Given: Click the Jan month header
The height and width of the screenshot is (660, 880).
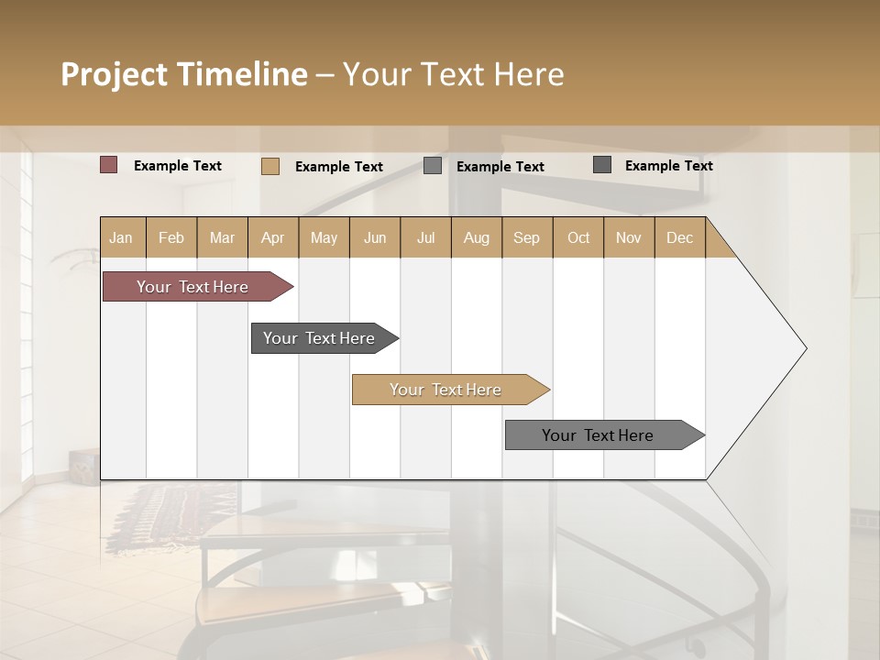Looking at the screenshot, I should tap(122, 237).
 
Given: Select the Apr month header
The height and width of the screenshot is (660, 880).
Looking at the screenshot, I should tap(273, 237).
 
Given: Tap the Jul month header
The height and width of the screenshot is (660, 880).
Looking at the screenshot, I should tap(425, 237).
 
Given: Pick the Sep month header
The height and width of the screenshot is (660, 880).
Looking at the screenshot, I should tap(526, 237).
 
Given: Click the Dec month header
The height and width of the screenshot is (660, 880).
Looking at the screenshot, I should tap(679, 237).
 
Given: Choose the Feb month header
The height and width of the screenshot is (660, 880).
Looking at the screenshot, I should tap(171, 237).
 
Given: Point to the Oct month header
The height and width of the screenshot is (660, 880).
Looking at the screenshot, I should tap(578, 237).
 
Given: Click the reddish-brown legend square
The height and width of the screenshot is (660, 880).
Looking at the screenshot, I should tap(109, 165).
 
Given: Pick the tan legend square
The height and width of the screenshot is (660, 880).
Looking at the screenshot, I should tap(270, 166).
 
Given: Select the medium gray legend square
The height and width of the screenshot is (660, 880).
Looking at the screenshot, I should tap(433, 166).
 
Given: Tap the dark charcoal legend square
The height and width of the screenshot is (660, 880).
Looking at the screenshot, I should tap(602, 165).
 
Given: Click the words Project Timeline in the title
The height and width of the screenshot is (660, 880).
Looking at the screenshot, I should tap(184, 74).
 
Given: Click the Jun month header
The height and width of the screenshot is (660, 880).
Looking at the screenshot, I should tap(375, 237).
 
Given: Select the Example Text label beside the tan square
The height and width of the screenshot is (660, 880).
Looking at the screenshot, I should tap(339, 167).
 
